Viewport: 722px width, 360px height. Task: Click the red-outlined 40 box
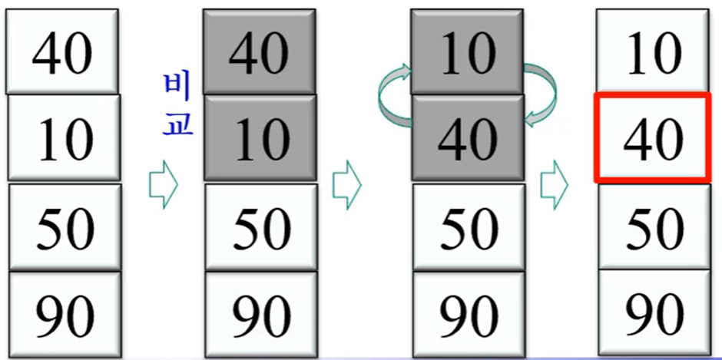tap(652, 138)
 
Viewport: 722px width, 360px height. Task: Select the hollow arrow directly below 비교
tap(163, 185)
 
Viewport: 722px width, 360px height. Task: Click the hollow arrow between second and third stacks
tap(346, 185)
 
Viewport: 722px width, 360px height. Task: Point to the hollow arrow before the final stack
tap(554, 185)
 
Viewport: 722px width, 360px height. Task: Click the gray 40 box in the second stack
tap(260, 52)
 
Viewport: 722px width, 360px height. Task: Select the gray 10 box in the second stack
tap(260, 138)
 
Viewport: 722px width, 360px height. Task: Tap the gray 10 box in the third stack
tap(467, 52)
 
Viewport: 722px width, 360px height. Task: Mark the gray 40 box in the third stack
tap(467, 138)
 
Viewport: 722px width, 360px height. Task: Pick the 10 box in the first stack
tap(64, 138)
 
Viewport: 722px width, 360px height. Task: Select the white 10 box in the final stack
tap(652, 52)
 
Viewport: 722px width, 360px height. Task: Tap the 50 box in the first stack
tap(64, 226)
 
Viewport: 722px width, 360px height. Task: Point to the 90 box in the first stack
tap(64, 314)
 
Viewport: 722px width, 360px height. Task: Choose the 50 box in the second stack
tap(261, 226)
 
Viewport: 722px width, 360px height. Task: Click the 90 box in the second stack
tap(261, 314)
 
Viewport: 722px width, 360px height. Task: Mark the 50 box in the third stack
tap(467, 226)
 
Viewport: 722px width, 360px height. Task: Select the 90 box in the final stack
tap(652, 314)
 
